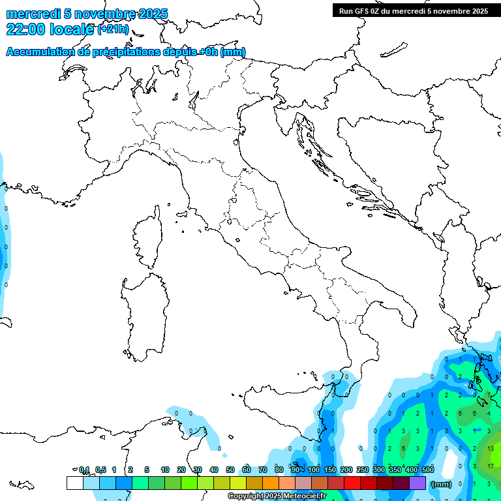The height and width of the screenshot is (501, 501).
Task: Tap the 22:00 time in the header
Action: [x=25, y=29]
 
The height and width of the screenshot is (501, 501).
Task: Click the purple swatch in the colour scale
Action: [x=417, y=483]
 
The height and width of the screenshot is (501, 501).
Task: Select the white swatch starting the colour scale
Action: [x=75, y=483]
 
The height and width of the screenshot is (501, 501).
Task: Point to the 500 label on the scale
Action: [x=428, y=470]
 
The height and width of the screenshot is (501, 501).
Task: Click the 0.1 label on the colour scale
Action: [x=84, y=470]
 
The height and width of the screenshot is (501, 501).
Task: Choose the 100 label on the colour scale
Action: [x=314, y=470]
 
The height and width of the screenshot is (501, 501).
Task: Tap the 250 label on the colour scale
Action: [x=363, y=470]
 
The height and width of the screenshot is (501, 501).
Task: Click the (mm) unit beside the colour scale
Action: [x=442, y=484]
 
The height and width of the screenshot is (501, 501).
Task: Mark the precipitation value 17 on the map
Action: [x=491, y=466]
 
